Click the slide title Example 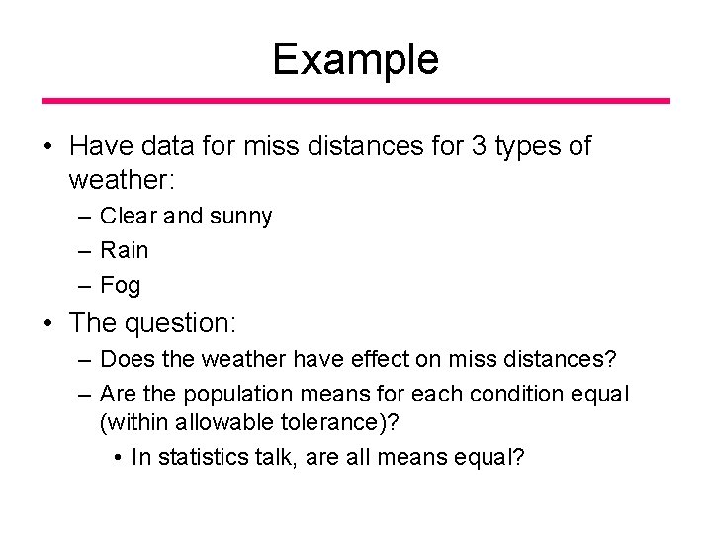pos(355,60)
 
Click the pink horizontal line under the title pos(355,101)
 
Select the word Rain pos(125,250)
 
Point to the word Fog pos(121,286)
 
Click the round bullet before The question pos(48,323)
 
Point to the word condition pos(518,394)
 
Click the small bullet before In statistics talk pos(118,459)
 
